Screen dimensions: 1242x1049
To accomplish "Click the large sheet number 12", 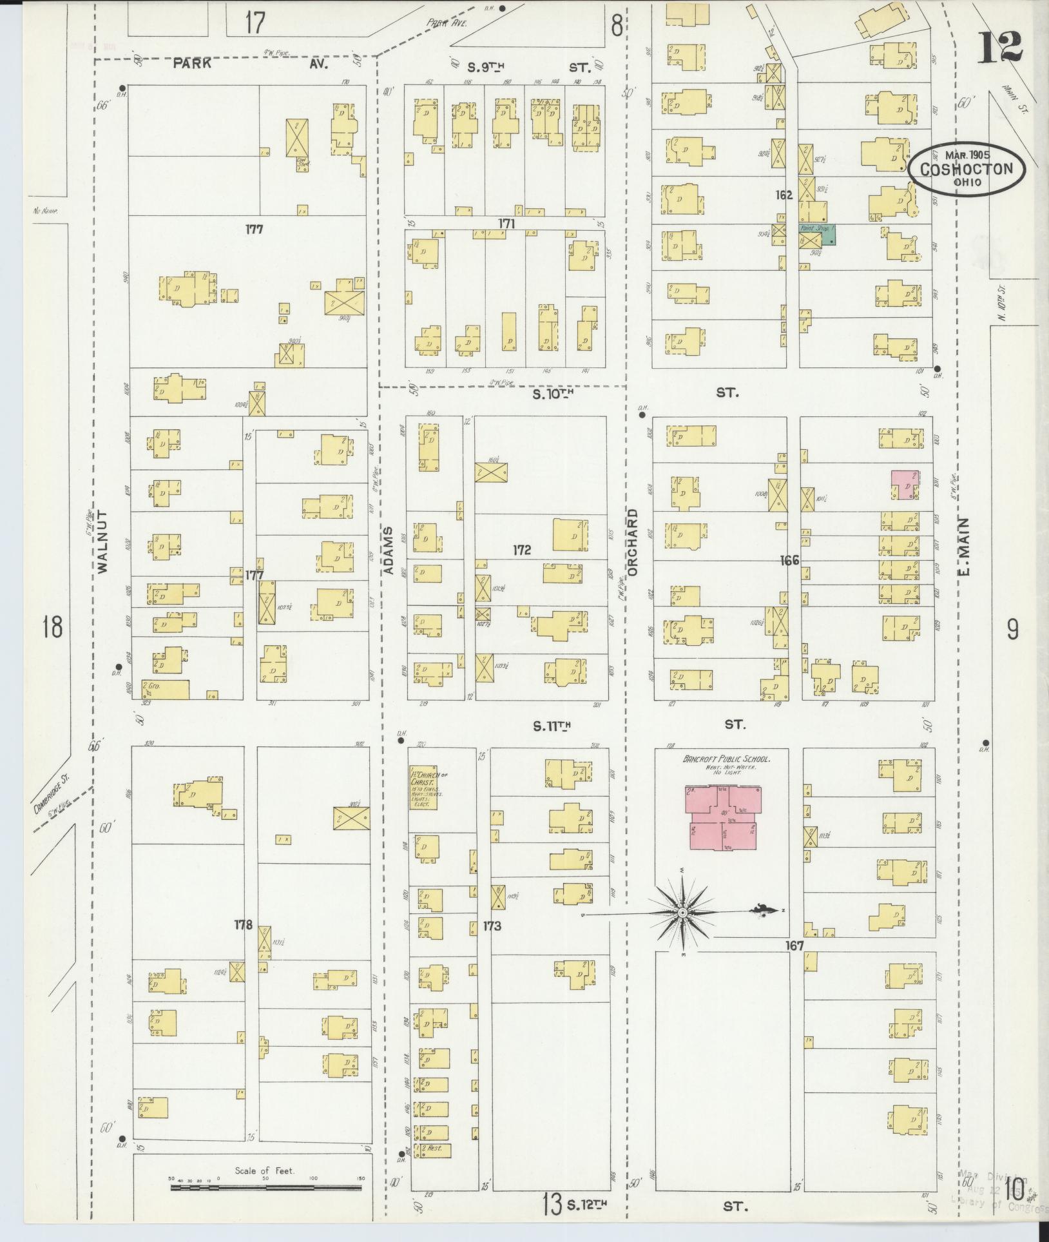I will coord(999,47).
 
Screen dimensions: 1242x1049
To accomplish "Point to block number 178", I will coord(244,924).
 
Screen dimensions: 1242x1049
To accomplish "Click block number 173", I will coord(492,926).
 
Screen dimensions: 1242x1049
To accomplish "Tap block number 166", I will coord(789,560).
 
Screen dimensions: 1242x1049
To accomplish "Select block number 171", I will coord(506,223).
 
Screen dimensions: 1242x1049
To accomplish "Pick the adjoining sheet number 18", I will coord(52,626).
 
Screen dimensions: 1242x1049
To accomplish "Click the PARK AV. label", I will coord(251,64).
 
